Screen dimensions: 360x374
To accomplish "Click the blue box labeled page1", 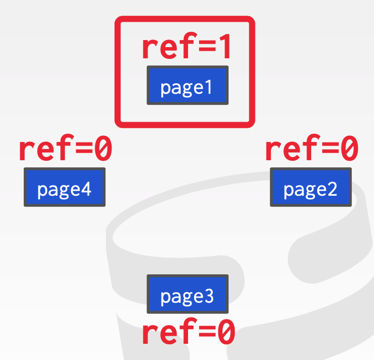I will click(x=187, y=85).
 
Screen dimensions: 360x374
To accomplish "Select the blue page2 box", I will click(x=310, y=187).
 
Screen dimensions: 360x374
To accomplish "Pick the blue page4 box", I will click(x=64, y=187).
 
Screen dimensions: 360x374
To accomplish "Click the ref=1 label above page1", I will click(x=186, y=47).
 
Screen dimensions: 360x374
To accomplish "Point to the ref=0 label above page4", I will click(x=65, y=150).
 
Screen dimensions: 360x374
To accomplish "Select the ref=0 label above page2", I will click(x=311, y=150).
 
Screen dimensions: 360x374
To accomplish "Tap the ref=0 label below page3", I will click(x=188, y=333).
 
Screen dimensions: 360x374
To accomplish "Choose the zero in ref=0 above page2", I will click(x=349, y=150).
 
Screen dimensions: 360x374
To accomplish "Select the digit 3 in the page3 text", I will click(x=208, y=296).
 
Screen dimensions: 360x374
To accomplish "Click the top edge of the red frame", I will click(x=184, y=19).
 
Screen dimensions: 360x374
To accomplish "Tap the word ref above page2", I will click(x=287, y=150).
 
